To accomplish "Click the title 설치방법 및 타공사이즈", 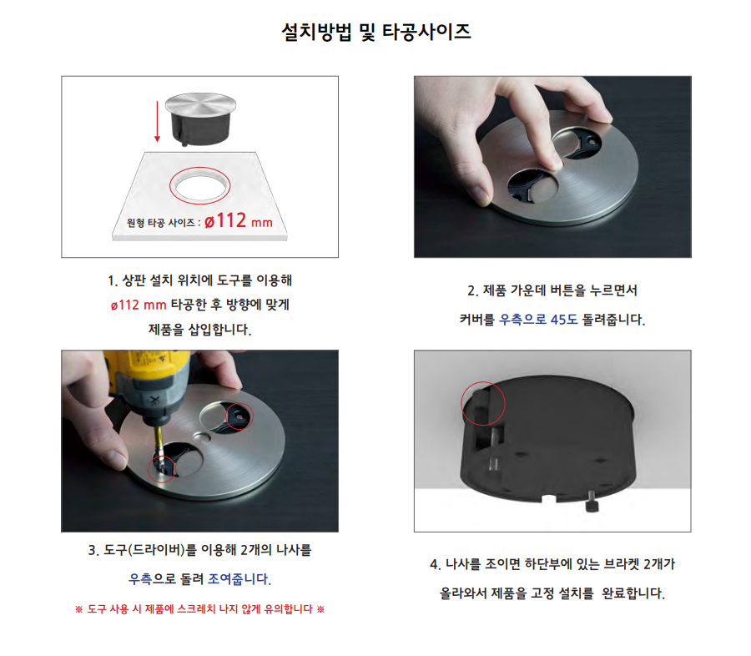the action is pyautogui.click(x=376, y=32).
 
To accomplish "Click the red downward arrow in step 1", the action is pyautogui.click(x=157, y=121).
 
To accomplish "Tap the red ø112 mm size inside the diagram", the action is pyautogui.click(x=239, y=221).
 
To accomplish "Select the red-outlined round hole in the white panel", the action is pyautogui.click(x=199, y=186).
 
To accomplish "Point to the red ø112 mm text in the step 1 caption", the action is pyautogui.click(x=139, y=305).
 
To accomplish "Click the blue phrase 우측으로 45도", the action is pyautogui.click(x=538, y=320).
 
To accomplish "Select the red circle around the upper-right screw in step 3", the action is pyautogui.click(x=239, y=416).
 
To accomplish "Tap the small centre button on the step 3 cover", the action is pyautogui.click(x=201, y=436).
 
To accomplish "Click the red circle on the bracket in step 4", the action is pyautogui.click(x=483, y=403).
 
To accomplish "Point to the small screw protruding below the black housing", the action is pyautogui.click(x=592, y=501).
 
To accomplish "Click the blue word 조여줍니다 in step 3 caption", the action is pyautogui.click(x=239, y=579).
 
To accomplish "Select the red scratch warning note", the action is pyautogui.click(x=199, y=609).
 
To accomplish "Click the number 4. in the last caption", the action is pyautogui.click(x=436, y=564).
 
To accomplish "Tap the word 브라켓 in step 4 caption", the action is pyautogui.click(x=621, y=564).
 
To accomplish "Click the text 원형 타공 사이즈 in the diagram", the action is pyautogui.click(x=160, y=223).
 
